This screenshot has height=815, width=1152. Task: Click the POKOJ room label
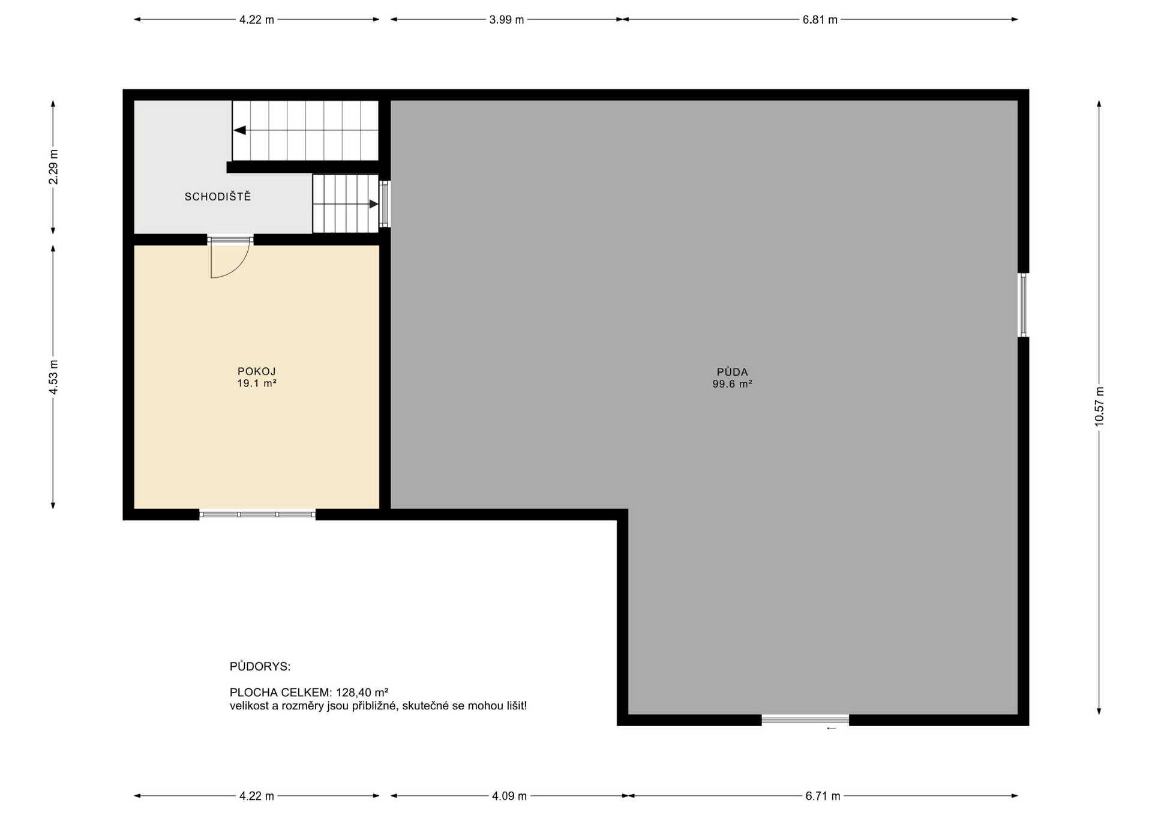coord(256,371)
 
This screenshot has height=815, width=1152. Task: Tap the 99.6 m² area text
coord(732,384)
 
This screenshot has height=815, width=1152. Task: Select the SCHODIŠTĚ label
coord(218,197)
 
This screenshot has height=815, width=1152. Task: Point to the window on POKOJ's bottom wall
coord(257,514)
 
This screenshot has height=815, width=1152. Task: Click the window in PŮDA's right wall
coord(1023,305)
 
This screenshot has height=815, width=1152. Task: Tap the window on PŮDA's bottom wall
coord(805,719)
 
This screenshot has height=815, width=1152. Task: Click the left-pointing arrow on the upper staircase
coord(240,130)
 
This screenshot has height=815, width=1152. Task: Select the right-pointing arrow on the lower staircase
coord(373,204)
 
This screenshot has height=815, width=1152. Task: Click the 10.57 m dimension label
coord(1099,407)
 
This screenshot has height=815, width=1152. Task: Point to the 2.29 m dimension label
coord(53,166)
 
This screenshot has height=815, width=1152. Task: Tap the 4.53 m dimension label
coord(53,377)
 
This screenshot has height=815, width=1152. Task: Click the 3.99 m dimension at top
coord(506,20)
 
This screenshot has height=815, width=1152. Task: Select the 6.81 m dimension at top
coord(820,20)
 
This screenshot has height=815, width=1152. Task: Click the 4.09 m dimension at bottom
coord(509,796)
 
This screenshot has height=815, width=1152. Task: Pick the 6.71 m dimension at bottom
coord(822,796)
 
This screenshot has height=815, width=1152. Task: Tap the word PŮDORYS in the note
coord(260,667)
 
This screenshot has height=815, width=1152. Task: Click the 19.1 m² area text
coord(256,383)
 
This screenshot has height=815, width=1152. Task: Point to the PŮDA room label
coord(732,372)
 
